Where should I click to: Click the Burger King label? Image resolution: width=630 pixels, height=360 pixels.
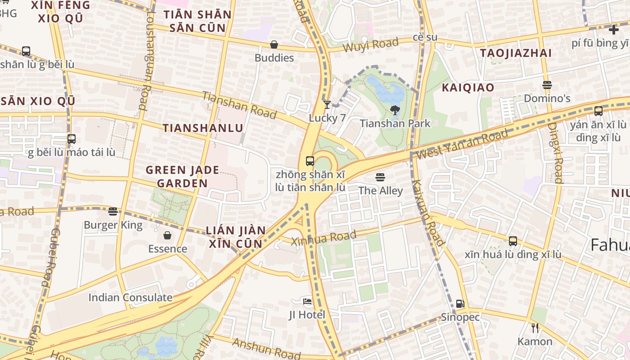113,225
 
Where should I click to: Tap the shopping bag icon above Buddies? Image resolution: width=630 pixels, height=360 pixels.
274,45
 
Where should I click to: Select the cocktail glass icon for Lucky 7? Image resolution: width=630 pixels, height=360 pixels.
327,105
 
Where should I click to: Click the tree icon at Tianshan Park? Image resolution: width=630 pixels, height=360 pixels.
395,110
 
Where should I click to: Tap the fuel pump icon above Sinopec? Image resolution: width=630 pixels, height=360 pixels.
459,304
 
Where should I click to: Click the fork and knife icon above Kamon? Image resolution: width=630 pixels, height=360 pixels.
535,328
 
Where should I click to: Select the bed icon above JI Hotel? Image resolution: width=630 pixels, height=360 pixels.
307,301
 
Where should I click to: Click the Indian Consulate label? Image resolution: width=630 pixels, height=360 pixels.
130,297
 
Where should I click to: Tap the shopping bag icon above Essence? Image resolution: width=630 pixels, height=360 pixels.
167,235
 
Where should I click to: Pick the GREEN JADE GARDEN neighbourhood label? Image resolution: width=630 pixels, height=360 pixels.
182,176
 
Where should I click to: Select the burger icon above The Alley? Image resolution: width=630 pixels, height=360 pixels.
380,177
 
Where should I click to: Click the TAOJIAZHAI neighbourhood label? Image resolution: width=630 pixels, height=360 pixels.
516,53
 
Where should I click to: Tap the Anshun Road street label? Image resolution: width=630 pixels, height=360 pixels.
266,349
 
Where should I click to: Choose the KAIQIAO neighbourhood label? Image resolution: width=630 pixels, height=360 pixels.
468,87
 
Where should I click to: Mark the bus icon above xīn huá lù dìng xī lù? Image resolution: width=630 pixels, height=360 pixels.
513,241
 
